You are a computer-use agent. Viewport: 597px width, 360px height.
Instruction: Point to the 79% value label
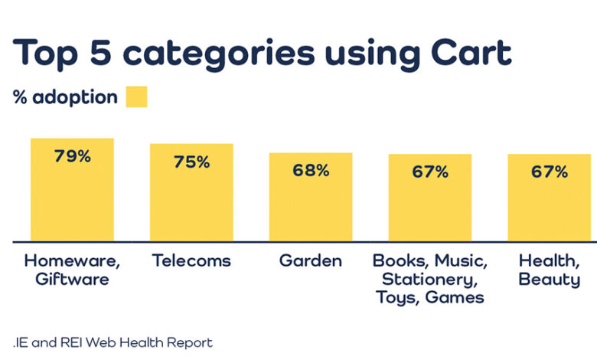tap(72, 155)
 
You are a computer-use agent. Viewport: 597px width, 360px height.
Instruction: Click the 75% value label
tap(191, 162)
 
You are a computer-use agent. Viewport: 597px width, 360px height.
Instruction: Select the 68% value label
tap(311, 170)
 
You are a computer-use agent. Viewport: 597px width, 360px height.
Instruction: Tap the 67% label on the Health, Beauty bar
tap(550, 172)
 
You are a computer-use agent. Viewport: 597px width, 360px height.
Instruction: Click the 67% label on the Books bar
tap(430, 172)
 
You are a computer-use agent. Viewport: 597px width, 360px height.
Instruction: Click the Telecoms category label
tap(191, 260)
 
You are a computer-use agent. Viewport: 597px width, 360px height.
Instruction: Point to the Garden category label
tap(311, 260)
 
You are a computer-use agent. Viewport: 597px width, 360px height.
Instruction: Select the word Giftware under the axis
tap(72, 280)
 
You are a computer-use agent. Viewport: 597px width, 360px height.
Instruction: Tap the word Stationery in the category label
tap(429, 279)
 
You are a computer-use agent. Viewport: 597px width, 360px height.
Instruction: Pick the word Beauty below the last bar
tap(549, 280)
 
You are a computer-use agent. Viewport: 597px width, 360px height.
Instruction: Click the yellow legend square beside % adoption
tap(136, 97)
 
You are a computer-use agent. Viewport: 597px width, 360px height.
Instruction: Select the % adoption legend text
tap(66, 97)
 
